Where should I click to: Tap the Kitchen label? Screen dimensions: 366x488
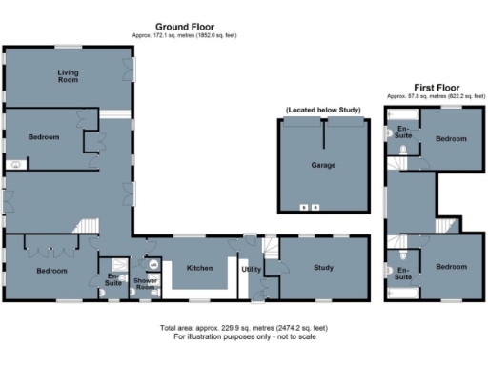point(198,268)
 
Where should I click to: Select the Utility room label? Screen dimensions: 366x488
point(252,270)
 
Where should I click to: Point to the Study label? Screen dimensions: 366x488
point(323,268)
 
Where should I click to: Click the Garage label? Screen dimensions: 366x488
point(323,165)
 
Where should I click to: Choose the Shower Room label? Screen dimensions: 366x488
point(146,282)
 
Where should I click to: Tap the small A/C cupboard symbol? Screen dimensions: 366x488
point(152,264)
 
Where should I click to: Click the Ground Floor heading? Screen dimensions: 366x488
point(185,28)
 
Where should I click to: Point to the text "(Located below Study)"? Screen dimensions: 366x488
point(323,111)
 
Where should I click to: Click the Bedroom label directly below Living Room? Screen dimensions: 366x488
point(43,137)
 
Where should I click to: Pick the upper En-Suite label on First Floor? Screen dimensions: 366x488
point(403,132)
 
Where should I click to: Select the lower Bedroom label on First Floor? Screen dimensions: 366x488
point(451,268)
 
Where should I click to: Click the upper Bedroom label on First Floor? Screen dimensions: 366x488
point(451,139)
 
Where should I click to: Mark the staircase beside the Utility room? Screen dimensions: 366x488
point(271,251)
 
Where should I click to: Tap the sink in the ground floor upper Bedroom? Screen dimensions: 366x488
point(14,163)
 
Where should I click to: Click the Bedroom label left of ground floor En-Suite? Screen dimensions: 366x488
point(51,271)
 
